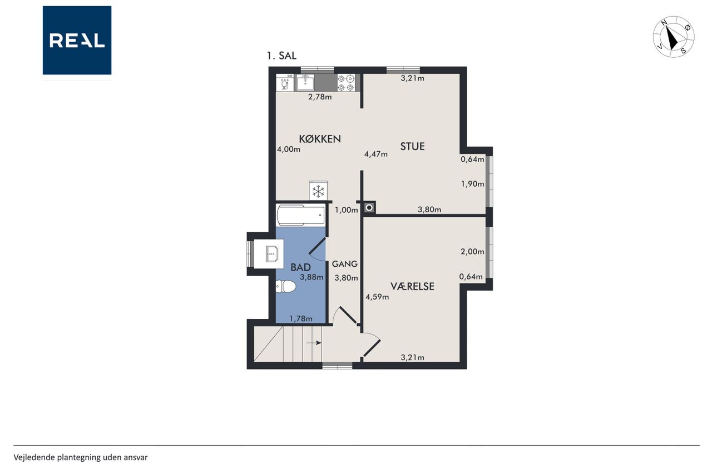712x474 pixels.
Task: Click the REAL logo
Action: pyautogui.click(x=77, y=41)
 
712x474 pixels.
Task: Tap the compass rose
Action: pyautogui.click(x=674, y=37)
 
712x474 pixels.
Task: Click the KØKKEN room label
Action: pyautogui.click(x=320, y=139)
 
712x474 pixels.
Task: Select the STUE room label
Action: pyautogui.click(x=412, y=146)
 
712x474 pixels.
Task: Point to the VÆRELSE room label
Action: pyautogui.click(x=412, y=286)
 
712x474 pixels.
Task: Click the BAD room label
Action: pyautogui.click(x=300, y=267)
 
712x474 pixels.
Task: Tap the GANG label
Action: pyautogui.click(x=344, y=264)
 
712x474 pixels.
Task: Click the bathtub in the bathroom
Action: pyautogui.click(x=301, y=215)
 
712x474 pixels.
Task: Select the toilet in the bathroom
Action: pyautogui.click(x=286, y=286)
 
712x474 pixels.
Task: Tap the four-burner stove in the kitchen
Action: pyautogui.click(x=346, y=83)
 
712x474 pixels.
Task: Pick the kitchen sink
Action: pyautogui.click(x=305, y=83)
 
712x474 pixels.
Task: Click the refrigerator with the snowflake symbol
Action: pyautogui.click(x=318, y=191)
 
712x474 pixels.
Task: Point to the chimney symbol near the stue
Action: pyautogui.click(x=369, y=208)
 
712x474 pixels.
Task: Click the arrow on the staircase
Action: pyautogui.click(x=314, y=343)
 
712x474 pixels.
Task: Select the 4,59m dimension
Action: pyautogui.click(x=377, y=297)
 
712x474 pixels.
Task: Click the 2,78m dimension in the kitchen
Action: pyautogui.click(x=320, y=97)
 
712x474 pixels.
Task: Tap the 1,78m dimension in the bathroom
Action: pyautogui.click(x=301, y=318)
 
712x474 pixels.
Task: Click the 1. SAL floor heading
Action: pyautogui.click(x=281, y=56)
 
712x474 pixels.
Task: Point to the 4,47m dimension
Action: pyautogui.click(x=375, y=154)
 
